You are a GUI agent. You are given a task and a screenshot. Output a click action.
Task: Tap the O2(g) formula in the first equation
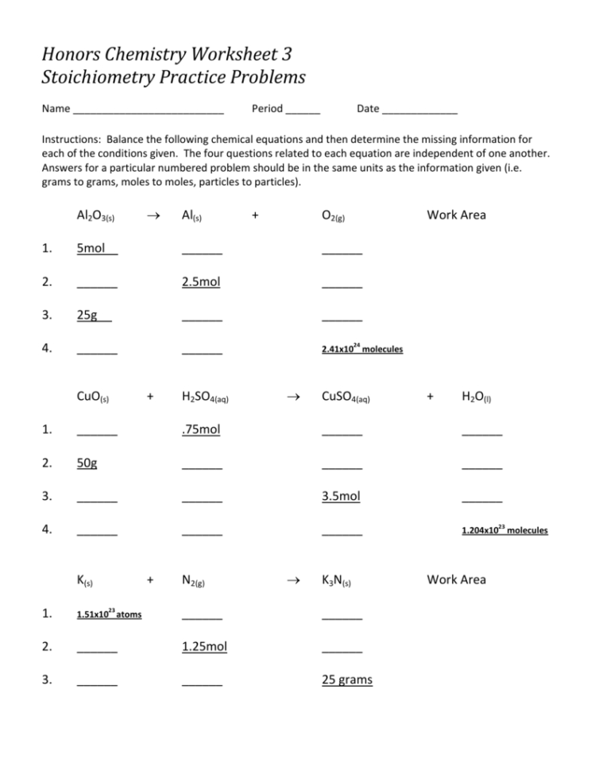pos(332,215)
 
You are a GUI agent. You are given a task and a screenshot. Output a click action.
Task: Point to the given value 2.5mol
pos(201,281)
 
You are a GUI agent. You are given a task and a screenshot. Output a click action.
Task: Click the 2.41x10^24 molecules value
pos(362,348)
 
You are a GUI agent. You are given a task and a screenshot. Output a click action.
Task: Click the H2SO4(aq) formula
pos(205,397)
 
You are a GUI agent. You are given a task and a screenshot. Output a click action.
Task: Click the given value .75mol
pos(201,429)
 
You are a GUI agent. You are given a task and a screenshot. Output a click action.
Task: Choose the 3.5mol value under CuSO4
pos(341,496)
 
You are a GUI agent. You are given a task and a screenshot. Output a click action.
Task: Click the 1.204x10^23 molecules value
pos(504,530)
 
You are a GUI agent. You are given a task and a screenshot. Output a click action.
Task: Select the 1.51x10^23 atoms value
pos(110,614)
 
